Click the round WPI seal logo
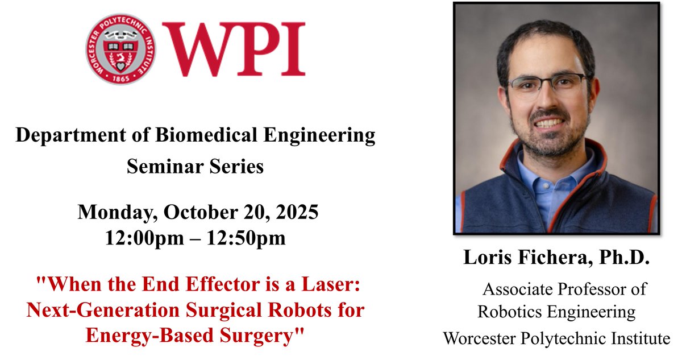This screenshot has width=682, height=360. click(x=120, y=49)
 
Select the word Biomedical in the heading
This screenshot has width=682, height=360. click(x=205, y=136)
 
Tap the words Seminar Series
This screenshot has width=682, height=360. click(x=195, y=167)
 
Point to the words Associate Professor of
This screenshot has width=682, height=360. click(x=564, y=289)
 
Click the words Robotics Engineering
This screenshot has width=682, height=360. click(x=556, y=312)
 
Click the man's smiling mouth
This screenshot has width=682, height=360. click(x=549, y=122)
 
